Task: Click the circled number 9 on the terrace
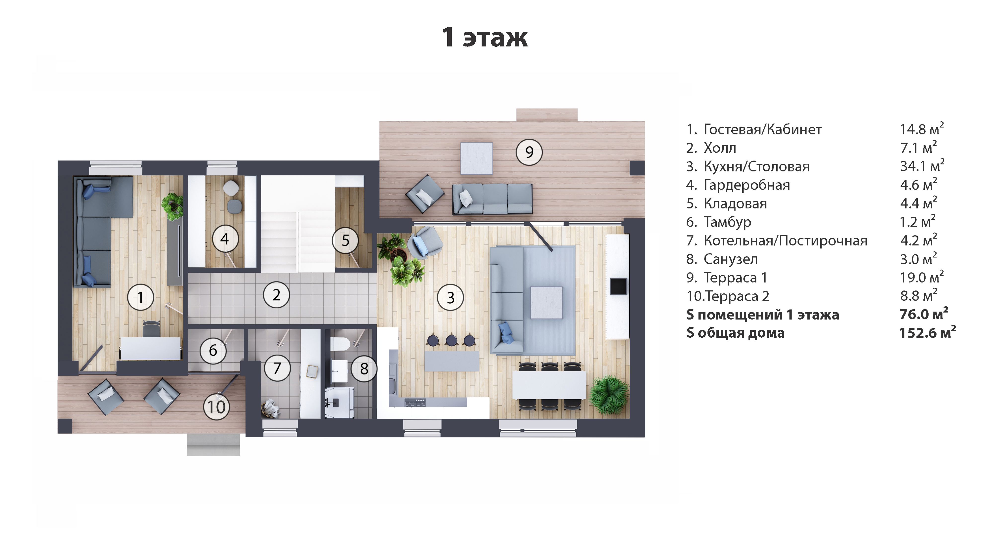529,152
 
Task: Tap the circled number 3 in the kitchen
450,297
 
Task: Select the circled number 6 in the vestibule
213,350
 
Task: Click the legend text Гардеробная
747,185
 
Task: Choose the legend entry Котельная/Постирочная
785,241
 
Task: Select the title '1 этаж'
485,38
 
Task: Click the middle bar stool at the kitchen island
451,340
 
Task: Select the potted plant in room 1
172,205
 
